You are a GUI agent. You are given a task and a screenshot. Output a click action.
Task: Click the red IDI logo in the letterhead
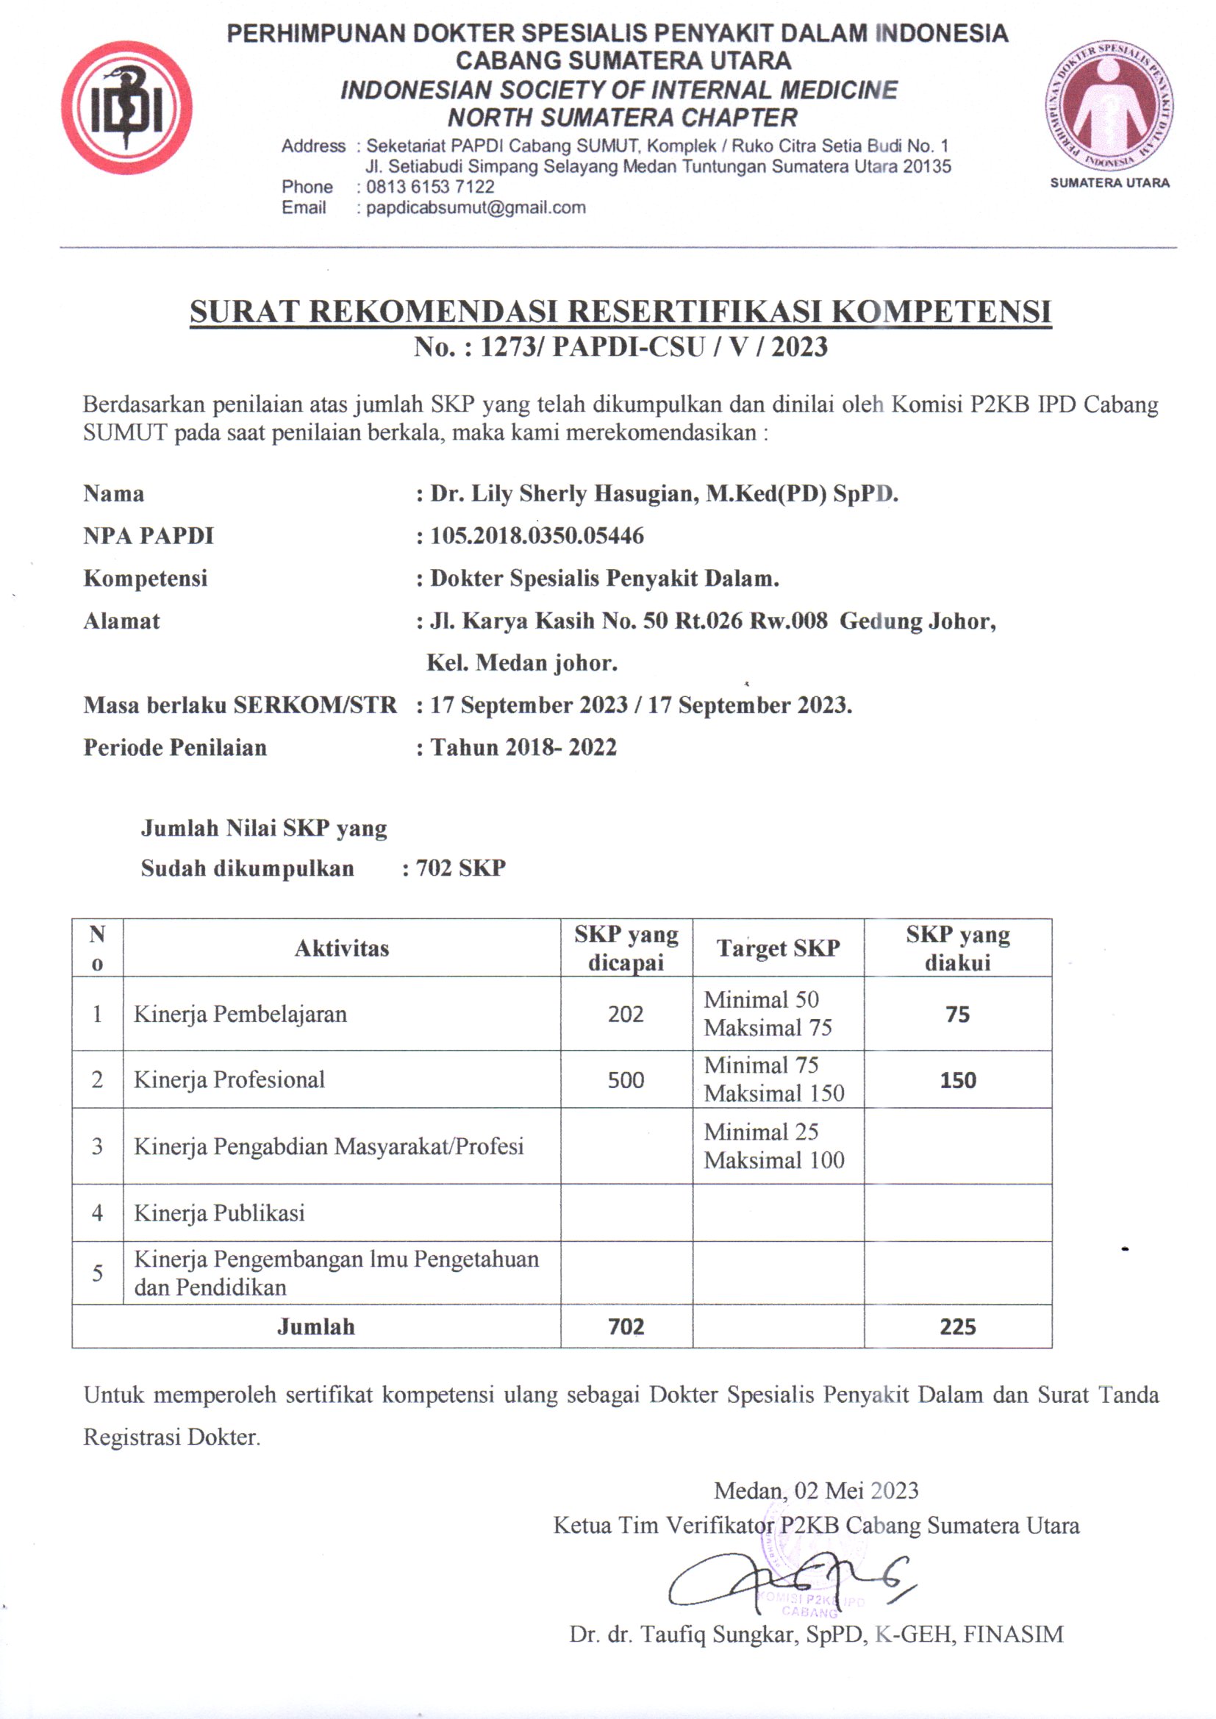126,107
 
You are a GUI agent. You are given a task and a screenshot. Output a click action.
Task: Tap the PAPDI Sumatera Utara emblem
1108,107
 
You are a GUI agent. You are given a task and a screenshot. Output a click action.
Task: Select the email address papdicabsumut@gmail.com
476,208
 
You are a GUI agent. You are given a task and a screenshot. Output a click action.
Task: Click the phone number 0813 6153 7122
430,187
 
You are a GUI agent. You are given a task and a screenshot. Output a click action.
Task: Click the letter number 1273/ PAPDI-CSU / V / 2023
620,347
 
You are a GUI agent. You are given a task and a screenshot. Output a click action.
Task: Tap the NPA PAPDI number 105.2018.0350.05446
536,536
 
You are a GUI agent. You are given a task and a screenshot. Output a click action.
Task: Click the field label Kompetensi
146,578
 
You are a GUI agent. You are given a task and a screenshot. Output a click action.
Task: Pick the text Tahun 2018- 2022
523,747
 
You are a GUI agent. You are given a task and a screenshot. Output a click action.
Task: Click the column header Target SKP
778,948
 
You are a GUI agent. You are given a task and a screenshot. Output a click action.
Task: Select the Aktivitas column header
341,948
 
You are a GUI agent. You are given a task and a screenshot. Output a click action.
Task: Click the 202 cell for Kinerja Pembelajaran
625,1014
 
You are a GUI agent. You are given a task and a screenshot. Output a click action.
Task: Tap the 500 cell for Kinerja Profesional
625,1079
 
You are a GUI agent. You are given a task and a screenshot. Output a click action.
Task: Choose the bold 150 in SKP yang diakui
958,1079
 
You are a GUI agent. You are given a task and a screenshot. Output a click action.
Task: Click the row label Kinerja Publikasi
218,1212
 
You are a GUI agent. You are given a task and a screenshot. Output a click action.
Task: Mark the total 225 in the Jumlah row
958,1326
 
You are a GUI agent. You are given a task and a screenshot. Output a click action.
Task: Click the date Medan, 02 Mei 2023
815,1490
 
